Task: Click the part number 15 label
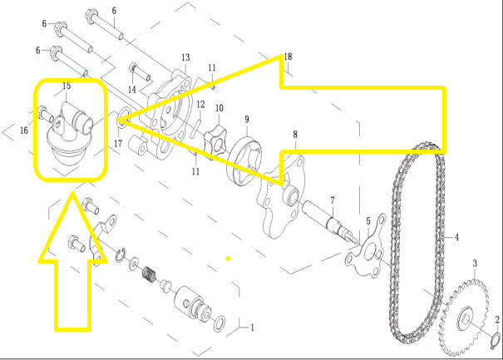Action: click(67, 86)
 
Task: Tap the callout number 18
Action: click(288, 57)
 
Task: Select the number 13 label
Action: click(185, 57)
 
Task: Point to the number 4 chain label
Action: click(456, 237)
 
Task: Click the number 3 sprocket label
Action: click(475, 264)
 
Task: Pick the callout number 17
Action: click(118, 144)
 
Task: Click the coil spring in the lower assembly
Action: click(149, 274)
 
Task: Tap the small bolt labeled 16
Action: click(46, 114)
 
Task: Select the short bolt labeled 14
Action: click(140, 73)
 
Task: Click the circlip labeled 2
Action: click(496, 340)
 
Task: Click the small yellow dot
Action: click(228, 259)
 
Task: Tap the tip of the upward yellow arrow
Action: click(73, 192)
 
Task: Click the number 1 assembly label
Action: click(253, 328)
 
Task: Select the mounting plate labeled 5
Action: click(366, 249)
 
